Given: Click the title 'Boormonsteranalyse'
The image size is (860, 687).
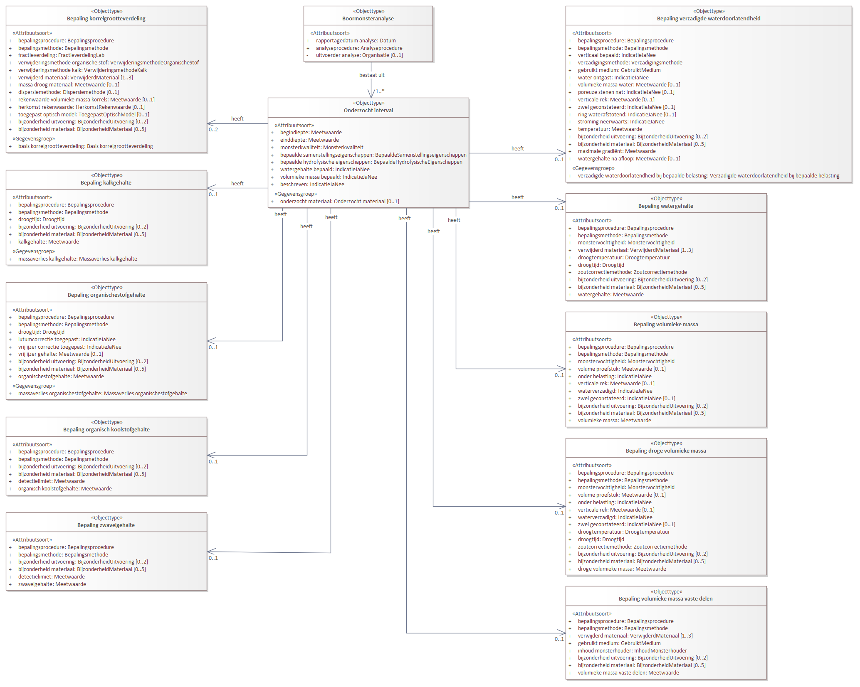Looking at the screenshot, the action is point(368,19).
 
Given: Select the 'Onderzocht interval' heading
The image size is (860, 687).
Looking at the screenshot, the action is point(368,111).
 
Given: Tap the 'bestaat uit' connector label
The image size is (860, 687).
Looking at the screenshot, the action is point(372,75).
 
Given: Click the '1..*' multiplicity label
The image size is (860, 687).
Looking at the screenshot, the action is point(380,91).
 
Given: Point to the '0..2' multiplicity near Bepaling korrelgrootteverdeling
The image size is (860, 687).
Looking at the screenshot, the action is point(213,130).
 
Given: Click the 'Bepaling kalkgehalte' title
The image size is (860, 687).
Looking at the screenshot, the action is point(106,183).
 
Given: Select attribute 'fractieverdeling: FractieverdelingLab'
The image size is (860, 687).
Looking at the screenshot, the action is point(61,55).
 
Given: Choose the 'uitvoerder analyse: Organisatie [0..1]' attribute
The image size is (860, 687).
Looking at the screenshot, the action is point(359,55).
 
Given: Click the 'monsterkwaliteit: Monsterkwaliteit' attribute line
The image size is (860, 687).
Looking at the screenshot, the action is point(321,148).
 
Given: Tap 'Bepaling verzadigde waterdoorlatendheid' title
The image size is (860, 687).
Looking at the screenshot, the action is point(709,19).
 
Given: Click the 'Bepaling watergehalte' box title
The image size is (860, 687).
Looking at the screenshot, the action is point(666,206).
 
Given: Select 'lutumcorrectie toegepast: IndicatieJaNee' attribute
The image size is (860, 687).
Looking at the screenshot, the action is point(67,340).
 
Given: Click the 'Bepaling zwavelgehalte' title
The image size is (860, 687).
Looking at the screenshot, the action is point(106,525).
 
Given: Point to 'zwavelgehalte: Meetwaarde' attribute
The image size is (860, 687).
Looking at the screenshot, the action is point(52,584).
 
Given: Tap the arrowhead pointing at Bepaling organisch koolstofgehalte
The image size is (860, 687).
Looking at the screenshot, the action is point(211,455).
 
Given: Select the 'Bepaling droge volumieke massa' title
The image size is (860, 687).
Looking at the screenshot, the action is point(666,451).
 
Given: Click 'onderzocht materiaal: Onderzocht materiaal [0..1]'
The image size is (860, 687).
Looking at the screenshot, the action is point(339,202).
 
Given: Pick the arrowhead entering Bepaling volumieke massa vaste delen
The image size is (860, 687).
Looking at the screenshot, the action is point(562,633).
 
